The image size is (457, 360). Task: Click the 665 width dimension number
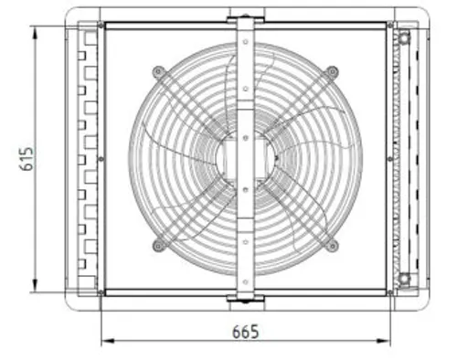(x=246, y=332)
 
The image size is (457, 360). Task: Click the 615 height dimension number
(x=27, y=159)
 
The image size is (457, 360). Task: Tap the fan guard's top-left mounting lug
(x=158, y=72)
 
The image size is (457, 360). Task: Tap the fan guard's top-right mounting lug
(x=332, y=72)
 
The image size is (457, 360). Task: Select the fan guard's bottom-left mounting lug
(x=158, y=245)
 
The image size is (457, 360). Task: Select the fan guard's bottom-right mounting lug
(x=332, y=246)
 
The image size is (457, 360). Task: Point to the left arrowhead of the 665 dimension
(x=108, y=341)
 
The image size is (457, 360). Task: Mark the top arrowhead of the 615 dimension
(x=36, y=33)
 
